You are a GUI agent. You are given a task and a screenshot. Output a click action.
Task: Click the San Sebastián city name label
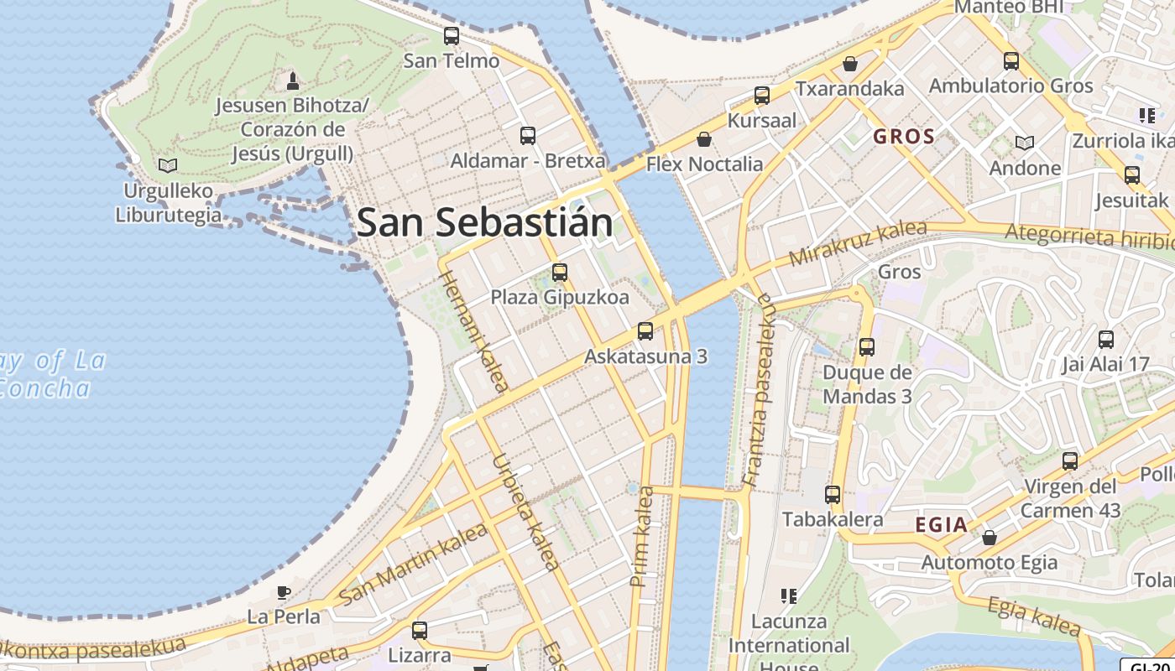point(485,223)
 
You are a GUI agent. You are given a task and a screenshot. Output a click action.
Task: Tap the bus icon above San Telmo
point(452,36)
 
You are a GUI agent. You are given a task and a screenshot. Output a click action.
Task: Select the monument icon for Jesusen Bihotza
point(292,81)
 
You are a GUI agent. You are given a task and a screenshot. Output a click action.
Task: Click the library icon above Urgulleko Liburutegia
point(168,165)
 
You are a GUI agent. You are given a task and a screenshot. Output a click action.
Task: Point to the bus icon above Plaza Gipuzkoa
point(560,273)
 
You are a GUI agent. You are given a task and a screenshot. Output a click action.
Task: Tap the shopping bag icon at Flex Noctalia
point(704,139)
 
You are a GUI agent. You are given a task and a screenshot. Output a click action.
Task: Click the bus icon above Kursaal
point(762,96)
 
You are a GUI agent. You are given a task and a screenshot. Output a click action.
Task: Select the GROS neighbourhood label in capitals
point(904,137)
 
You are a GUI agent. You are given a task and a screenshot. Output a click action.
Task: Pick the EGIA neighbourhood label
point(941,525)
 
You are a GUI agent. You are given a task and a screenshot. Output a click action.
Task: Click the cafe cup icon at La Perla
point(284,592)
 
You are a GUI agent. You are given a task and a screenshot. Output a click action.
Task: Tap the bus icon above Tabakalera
point(833,495)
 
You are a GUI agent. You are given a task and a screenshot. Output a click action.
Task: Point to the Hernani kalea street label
point(474,330)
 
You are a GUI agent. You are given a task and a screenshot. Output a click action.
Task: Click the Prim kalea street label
point(642,537)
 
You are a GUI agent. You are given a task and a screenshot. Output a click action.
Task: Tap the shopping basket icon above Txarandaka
point(850,64)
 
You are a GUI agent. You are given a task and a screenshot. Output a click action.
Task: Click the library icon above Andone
point(1025,143)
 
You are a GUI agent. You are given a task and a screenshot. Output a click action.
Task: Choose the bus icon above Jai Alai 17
point(1106,340)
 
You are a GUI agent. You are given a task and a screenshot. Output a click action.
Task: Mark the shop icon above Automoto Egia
point(990,538)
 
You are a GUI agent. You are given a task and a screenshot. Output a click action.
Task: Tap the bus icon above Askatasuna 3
point(645,331)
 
